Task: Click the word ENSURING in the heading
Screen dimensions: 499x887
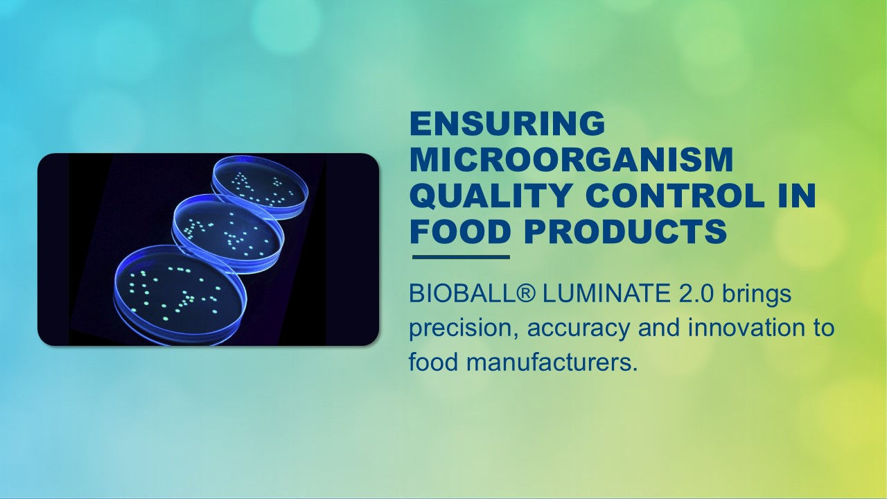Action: click(x=507, y=124)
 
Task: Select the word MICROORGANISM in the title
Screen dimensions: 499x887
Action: click(x=571, y=160)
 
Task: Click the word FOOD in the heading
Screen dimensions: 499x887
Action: click(x=460, y=232)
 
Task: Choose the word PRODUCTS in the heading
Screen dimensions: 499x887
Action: click(x=625, y=232)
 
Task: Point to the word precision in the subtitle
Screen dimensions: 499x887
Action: click(x=462, y=328)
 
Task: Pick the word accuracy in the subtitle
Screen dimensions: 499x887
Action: click(x=579, y=328)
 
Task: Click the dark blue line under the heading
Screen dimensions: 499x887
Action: click(x=461, y=257)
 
